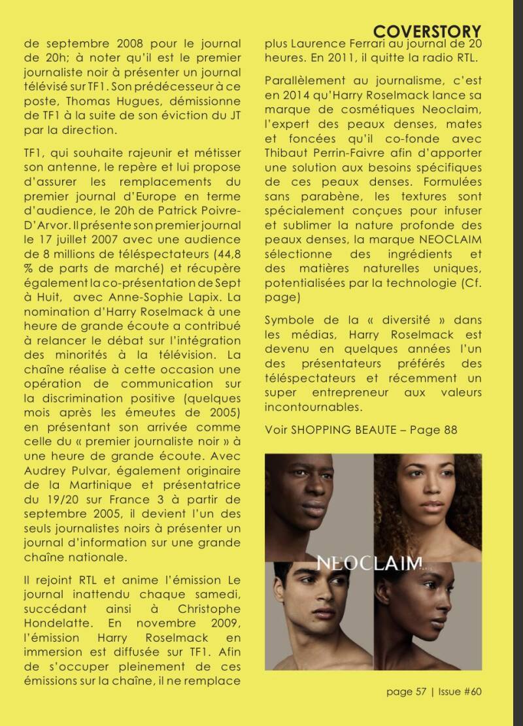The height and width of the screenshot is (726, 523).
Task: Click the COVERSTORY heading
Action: click(x=428, y=31)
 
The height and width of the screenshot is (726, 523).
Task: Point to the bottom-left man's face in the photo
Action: click(x=322, y=611)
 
